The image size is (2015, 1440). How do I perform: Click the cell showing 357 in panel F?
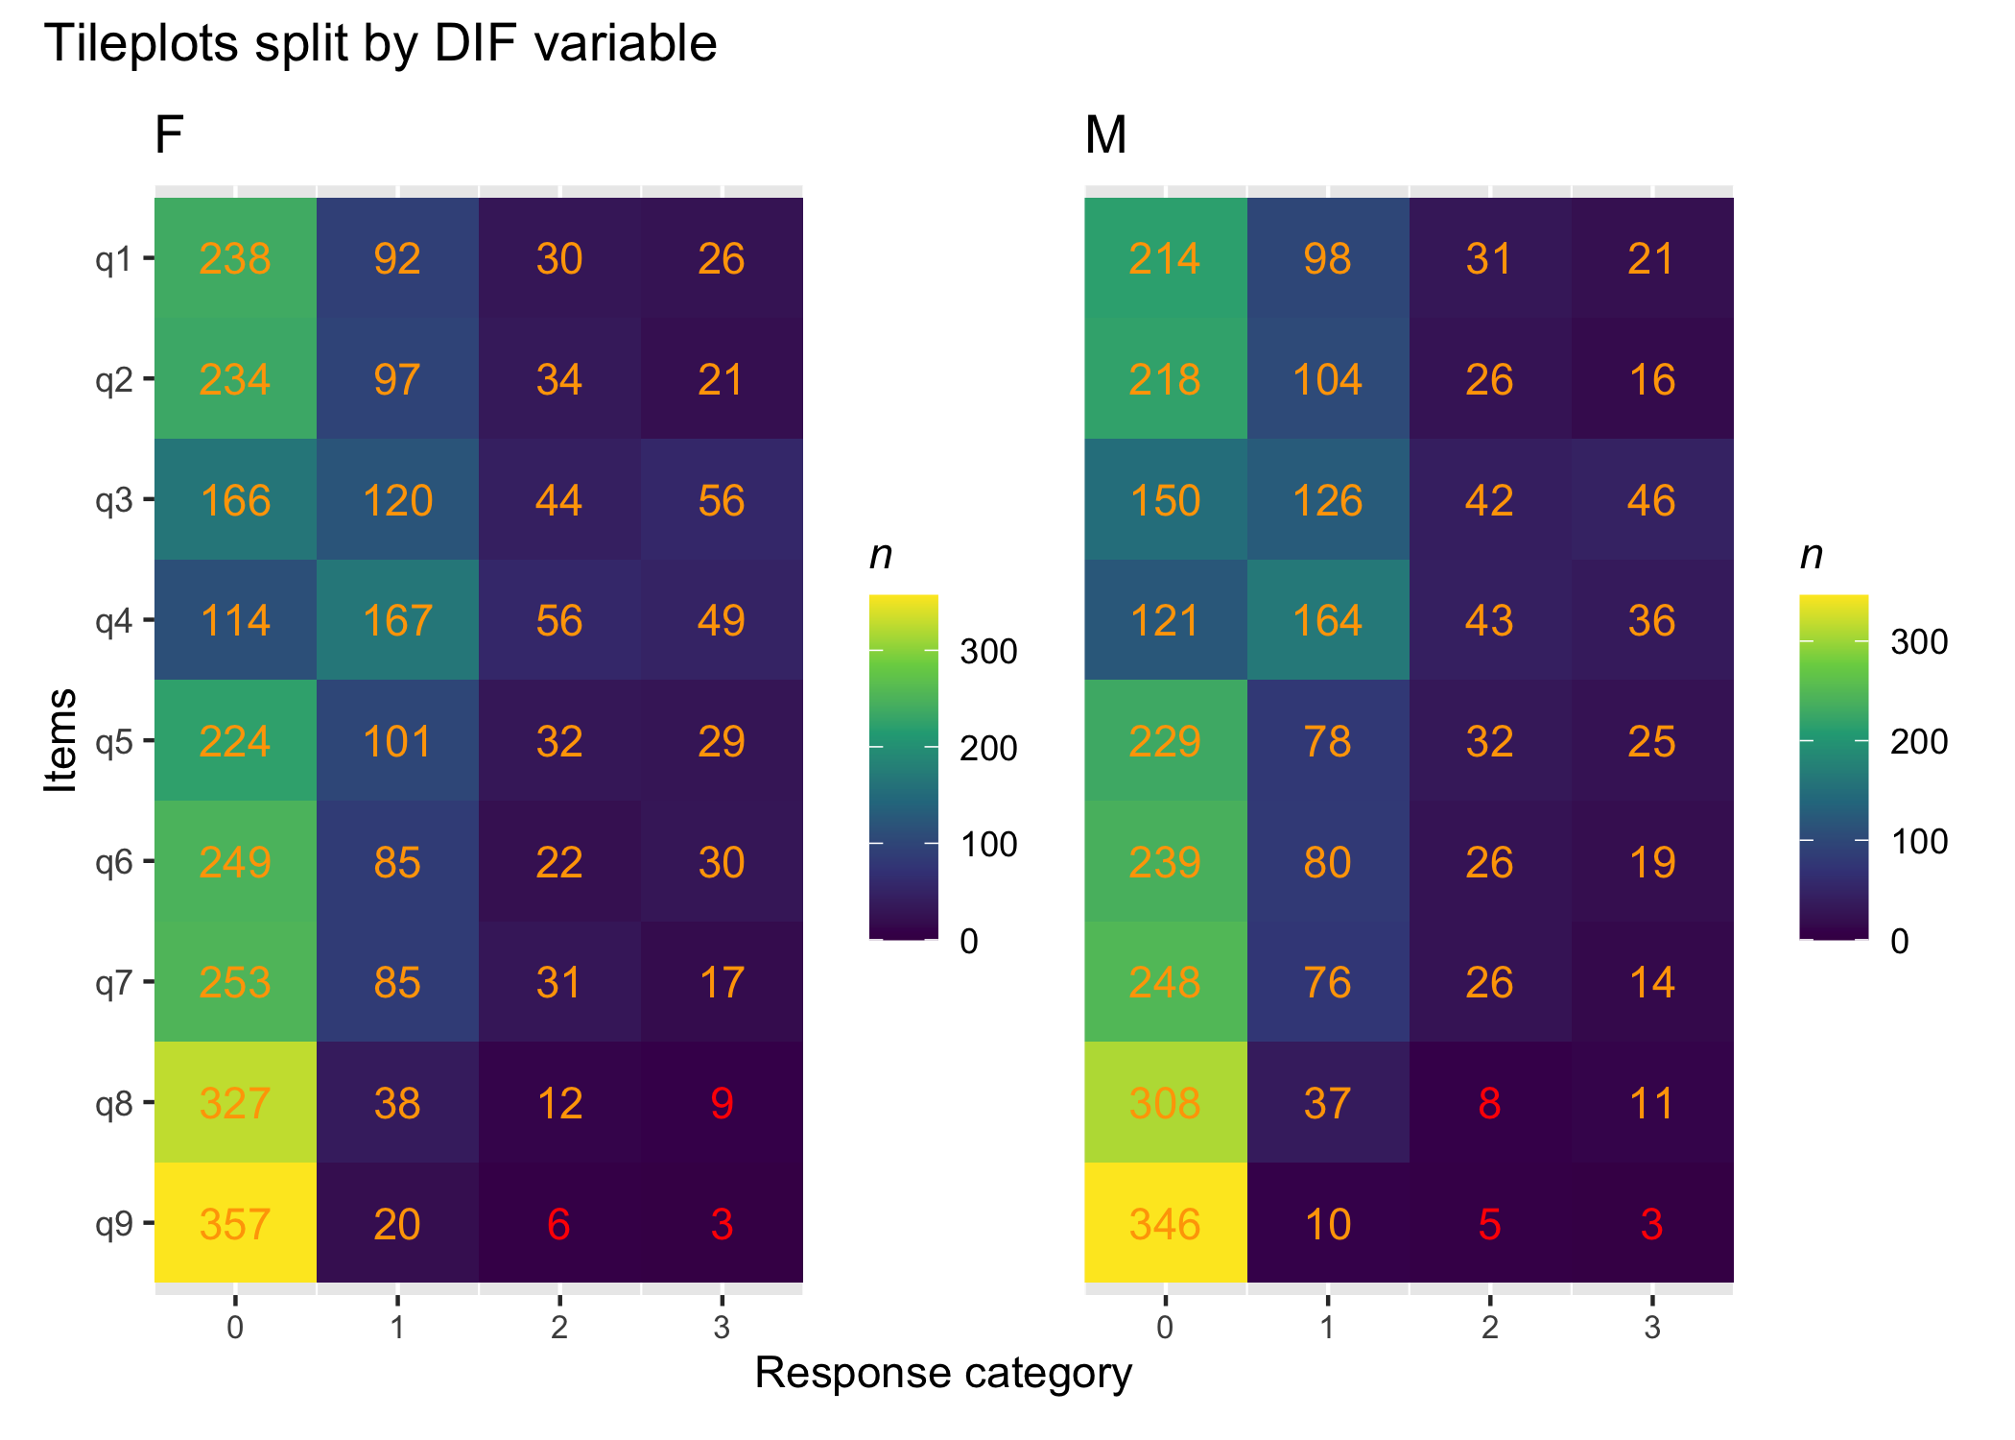[x=235, y=1224]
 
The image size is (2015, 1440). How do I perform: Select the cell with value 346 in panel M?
[x=1165, y=1224]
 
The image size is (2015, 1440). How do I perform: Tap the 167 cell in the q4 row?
[x=397, y=620]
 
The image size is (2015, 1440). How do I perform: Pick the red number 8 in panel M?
[x=1489, y=1103]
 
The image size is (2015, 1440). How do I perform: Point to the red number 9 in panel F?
[x=722, y=1103]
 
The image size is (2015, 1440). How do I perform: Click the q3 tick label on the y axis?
[x=113, y=500]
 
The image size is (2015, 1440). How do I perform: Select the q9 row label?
[x=113, y=1224]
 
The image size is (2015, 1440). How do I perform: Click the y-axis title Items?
[x=61, y=740]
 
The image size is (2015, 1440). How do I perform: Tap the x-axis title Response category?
[x=943, y=1373]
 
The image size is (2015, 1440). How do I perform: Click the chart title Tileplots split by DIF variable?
[x=381, y=43]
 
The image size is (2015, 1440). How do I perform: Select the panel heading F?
[x=169, y=134]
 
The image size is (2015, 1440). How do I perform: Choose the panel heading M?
[x=1105, y=134]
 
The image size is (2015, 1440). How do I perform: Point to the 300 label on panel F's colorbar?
[x=988, y=652]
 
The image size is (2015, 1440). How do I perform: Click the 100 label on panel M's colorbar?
[x=1919, y=841]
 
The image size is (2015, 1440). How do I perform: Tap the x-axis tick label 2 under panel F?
[x=559, y=1328]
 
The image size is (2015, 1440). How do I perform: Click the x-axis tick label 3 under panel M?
[x=1652, y=1328]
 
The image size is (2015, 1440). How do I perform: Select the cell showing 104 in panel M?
[x=1327, y=379]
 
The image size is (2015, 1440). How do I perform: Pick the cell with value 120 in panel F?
[x=397, y=500]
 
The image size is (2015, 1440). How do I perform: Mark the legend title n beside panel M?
[x=1812, y=555]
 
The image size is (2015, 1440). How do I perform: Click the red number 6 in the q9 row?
[x=559, y=1224]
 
